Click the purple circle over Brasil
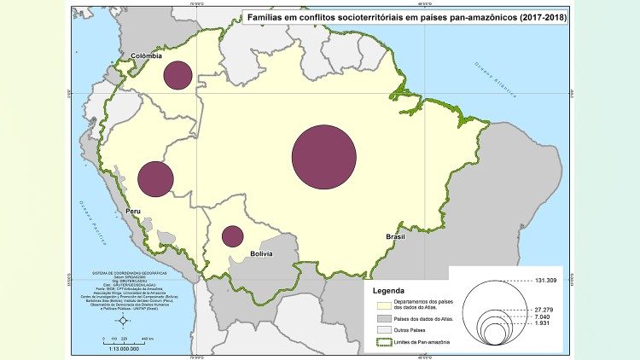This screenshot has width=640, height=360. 323,157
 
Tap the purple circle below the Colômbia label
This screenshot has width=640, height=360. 177,75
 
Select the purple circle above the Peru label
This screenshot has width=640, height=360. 155,179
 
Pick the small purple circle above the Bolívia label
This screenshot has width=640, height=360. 232,236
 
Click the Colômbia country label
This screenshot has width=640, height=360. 146,56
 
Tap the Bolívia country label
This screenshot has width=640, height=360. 262,254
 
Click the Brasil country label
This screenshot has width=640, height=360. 395,236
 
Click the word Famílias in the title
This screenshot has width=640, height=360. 267,16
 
